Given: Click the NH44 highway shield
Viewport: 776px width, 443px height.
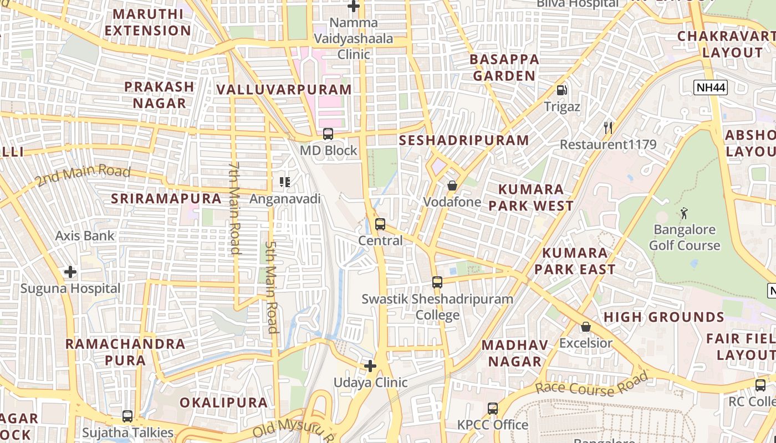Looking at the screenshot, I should (710, 87).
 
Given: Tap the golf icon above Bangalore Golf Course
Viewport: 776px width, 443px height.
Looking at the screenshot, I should (684, 213).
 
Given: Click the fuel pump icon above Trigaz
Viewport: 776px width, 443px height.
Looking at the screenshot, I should (561, 90).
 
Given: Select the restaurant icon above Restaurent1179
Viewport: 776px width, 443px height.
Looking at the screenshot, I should (608, 128).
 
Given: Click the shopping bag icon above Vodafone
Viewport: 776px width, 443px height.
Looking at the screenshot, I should (452, 186).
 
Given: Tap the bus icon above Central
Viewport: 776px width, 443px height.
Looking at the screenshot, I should (380, 224).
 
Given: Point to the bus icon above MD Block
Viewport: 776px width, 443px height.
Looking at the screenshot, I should (328, 134).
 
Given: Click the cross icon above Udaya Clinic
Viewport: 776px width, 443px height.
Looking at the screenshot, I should (370, 366).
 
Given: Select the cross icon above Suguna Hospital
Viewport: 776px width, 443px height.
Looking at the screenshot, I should (70, 272).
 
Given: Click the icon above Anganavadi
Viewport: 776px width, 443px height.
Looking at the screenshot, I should (285, 182).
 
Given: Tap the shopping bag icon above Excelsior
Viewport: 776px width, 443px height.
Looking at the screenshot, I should (585, 327).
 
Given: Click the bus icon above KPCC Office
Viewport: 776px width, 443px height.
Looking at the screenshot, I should (492, 409).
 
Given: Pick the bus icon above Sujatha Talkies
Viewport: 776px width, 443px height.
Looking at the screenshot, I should (127, 416).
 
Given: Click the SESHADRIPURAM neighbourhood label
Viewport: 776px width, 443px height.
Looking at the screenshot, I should (464, 140).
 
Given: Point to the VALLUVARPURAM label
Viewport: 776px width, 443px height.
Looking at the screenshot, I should (284, 90).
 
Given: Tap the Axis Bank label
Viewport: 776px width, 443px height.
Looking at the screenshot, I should (85, 236).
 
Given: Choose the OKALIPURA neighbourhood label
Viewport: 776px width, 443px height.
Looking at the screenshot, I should (224, 402).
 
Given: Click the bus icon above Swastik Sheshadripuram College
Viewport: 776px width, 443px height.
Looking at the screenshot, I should (437, 282).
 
